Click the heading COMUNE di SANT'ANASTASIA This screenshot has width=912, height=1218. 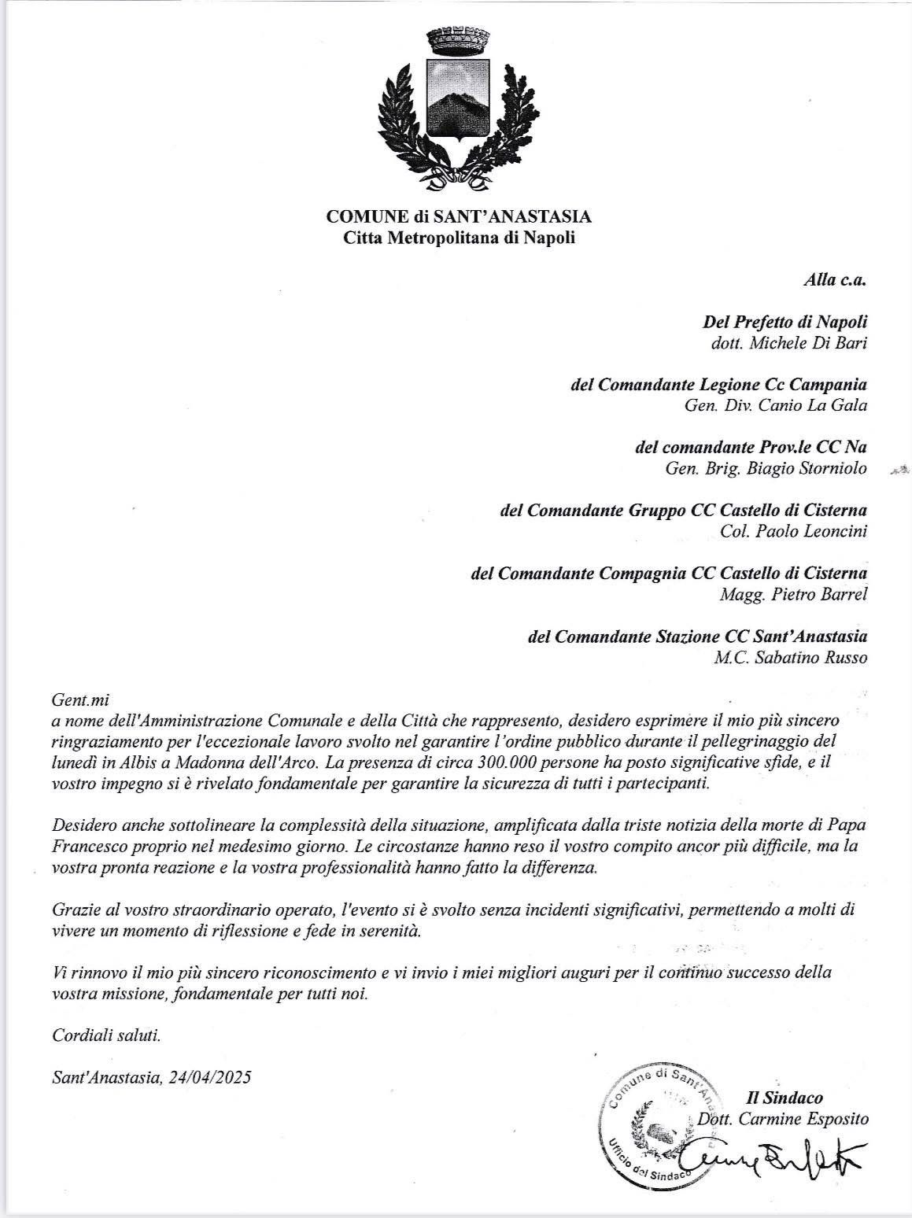tap(459, 216)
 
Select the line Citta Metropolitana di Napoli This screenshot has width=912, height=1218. tap(459, 238)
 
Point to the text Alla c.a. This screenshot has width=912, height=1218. tap(835, 279)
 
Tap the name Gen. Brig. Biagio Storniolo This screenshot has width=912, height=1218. tap(766, 469)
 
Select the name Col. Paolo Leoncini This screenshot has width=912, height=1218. tap(793, 531)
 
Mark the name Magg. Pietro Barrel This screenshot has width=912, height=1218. tap(793, 594)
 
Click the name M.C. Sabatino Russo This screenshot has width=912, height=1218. tap(790, 657)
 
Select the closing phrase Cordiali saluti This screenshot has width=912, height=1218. tap(106, 1035)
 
